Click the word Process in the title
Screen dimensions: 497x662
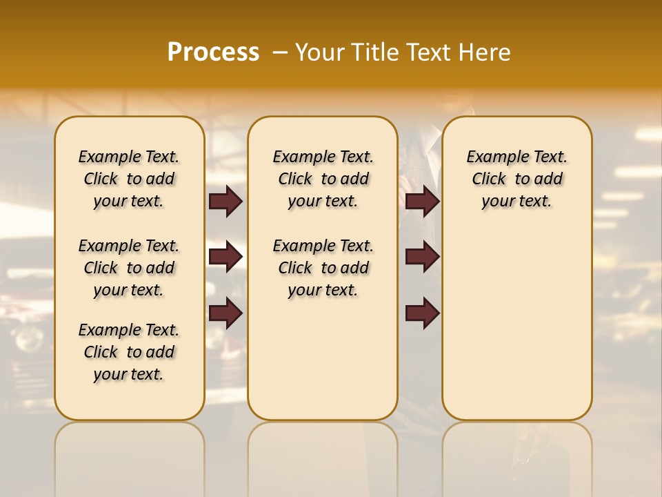(x=213, y=52)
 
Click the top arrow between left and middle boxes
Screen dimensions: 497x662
(x=225, y=201)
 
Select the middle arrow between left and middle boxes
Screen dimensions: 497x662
(x=225, y=257)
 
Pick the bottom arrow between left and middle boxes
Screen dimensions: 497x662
(x=225, y=313)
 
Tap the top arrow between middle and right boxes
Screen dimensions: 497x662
(x=422, y=201)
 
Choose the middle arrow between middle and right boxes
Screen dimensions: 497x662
(x=422, y=257)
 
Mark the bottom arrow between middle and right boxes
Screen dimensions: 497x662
(x=422, y=313)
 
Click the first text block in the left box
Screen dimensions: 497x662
(x=129, y=179)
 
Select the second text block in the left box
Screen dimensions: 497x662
(x=129, y=268)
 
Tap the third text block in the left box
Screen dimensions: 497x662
(x=129, y=352)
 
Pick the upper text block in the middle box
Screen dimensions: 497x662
(x=323, y=179)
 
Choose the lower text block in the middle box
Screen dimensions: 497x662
(x=323, y=268)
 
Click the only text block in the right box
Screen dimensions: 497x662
(x=516, y=179)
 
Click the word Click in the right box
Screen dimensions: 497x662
(x=489, y=179)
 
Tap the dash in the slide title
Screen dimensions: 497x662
(x=281, y=52)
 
